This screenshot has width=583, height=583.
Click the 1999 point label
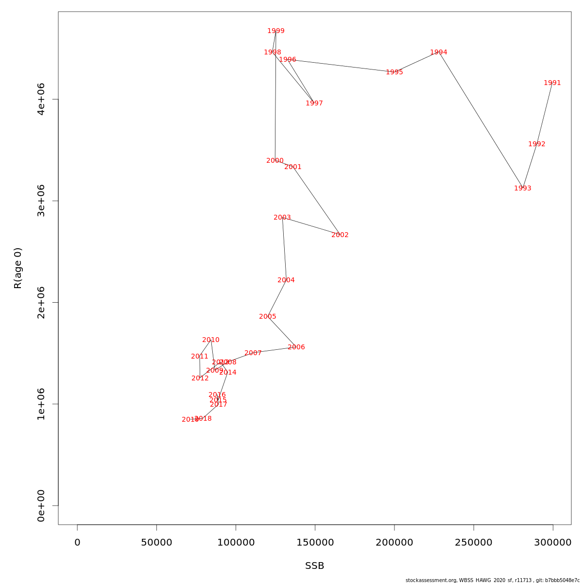pyautogui.click(x=276, y=31)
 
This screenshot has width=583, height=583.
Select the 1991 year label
pyautogui.click(x=552, y=83)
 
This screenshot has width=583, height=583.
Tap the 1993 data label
pyautogui.click(x=523, y=189)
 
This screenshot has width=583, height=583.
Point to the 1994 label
pyautogui.click(x=439, y=52)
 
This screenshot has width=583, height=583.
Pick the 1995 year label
pyautogui.click(x=394, y=72)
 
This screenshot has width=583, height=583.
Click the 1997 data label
pyautogui.click(x=314, y=103)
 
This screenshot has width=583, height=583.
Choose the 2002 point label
pyautogui.click(x=340, y=235)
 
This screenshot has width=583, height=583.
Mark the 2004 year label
pyautogui.click(x=286, y=280)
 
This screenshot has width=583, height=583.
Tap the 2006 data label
pyautogui.click(x=296, y=347)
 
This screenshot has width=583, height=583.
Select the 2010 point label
pyautogui.click(x=211, y=340)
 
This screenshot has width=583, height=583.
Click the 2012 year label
pyautogui.click(x=200, y=378)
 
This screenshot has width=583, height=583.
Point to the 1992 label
pyautogui.click(x=537, y=144)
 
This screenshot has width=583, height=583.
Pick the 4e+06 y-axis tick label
pyautogui.click(x=41, y=99)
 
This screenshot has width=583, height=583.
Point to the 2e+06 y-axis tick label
pyautogui.click(x=41, y=302)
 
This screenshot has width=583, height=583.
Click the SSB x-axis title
pyautogui.click(x=315, y=566)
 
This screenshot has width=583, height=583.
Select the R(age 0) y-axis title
pyautogui.click(x=18, y=268)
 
